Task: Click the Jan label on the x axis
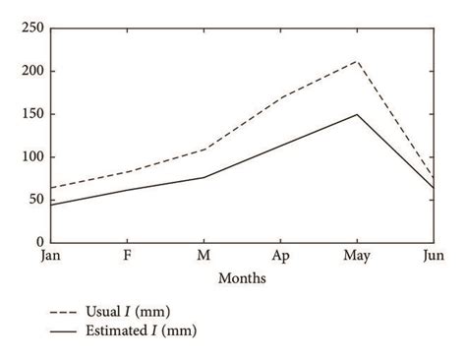[x=49, y=256]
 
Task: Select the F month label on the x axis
[x=126, y=256]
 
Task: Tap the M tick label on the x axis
[x=203, y=256]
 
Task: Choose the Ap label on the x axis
[x=279, y=256]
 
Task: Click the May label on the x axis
[x=356, y=256]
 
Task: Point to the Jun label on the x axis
[x=433, y=256]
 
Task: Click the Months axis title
[x=241, y=277]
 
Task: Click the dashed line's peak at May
[x=356, y=61]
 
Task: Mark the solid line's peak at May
[x=356, y=114]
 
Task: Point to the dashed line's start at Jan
[x=50, y=188]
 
